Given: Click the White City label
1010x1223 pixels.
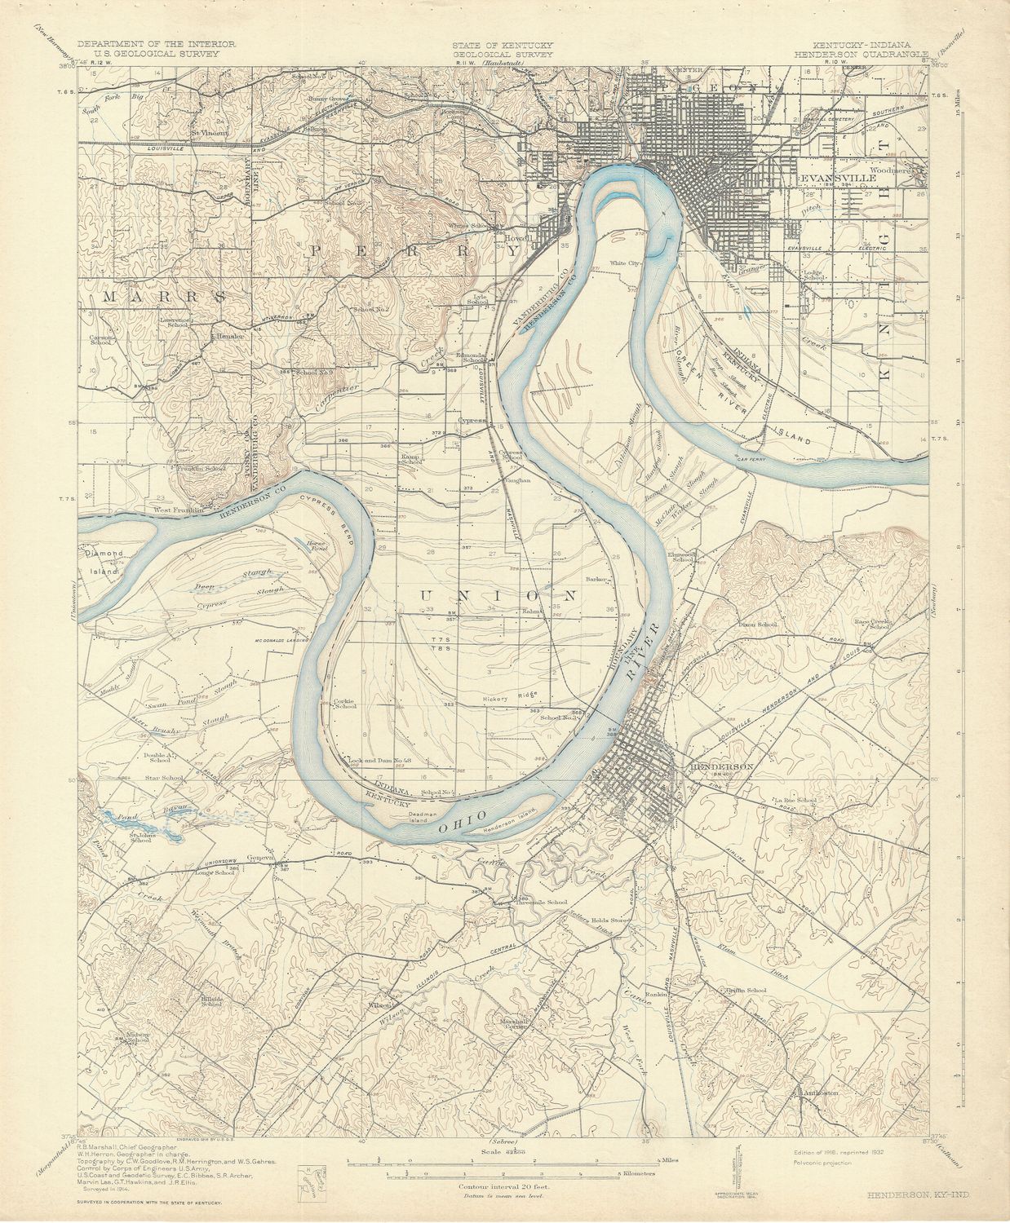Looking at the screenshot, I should point(627,263).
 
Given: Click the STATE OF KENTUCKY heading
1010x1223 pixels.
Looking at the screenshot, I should point(503,45).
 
